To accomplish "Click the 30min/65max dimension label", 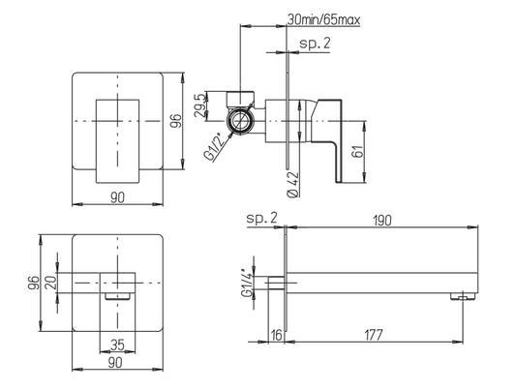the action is (x=324, y=19).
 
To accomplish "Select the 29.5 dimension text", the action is (x=200, y=105).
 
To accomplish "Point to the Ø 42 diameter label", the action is (x=293, y=185).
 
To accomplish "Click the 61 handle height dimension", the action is (x=358, y=151).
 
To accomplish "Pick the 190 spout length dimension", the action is (x=382, y=221).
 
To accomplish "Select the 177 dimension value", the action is (x=374, y=335).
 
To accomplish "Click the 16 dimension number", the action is (x=277, y=335).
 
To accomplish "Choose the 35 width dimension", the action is (x=117, y=345).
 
